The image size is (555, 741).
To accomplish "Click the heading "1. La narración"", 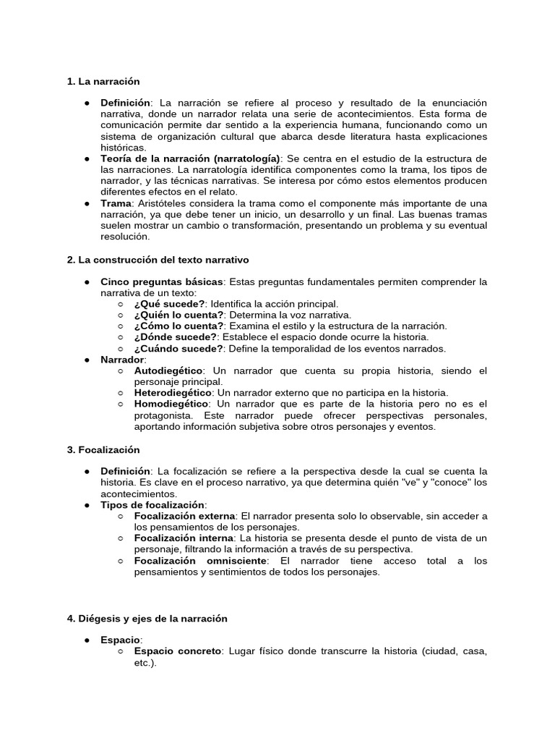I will pyautogui.click(x=103, y=81).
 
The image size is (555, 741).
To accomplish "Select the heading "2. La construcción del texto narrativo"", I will pyautogui.click(x=158, y=259).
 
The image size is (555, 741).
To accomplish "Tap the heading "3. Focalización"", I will pyautogui.click(x=103, y=449).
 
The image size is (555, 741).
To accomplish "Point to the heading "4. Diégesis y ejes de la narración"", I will pyautogui.click(x=147, y=619).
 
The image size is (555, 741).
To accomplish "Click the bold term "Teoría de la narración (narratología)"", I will pyautogui.click(x=190, y=158).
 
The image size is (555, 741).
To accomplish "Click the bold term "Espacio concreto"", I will pyautogui.click(x=178, y=651).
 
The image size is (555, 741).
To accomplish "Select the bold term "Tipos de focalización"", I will pyautogui.click(x=152, y=504).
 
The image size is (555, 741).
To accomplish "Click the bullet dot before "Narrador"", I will pyautogui.click(x=86, y=360).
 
